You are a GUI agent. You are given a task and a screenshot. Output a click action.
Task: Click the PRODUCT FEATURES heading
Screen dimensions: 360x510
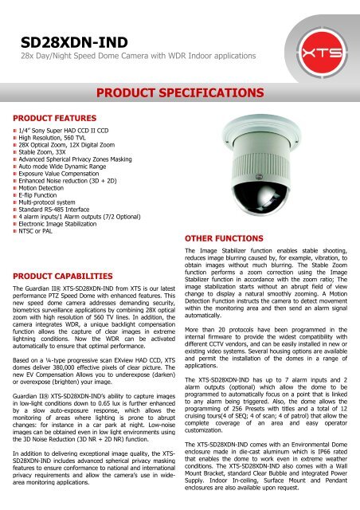pos(57,118)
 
